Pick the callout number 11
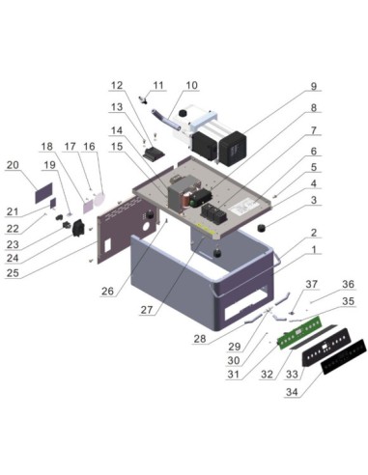click(x=158, y=85)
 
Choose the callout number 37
click(x=310, y=285)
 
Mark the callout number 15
click(x=118, y=146)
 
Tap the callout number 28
click(x=199, y=340)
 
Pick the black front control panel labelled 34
click(x=324, y=362)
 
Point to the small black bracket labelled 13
click(x=152, y=153)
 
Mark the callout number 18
click(x=45, y=146)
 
